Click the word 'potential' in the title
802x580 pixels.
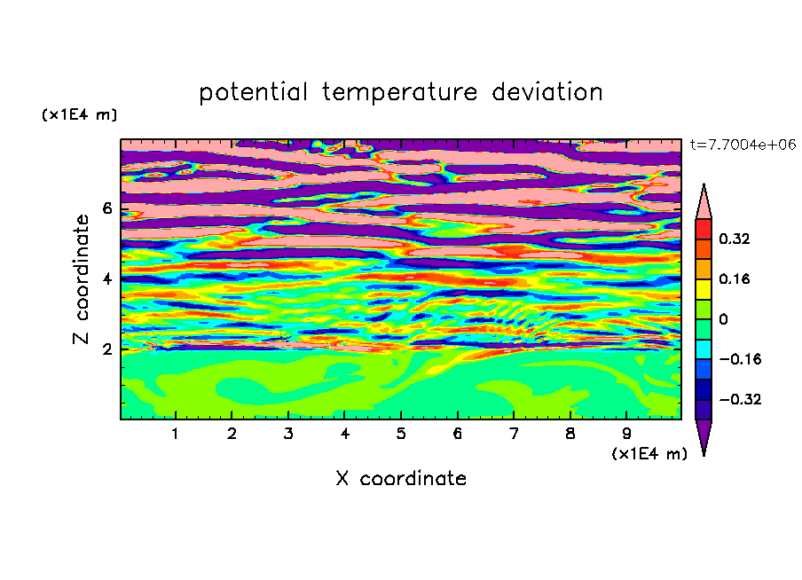tap(253, 92)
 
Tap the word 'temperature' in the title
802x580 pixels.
tap(400, 92)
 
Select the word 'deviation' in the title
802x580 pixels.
tap(547, 92)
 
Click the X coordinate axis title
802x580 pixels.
tap(401, 478)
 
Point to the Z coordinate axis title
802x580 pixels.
tap(81, 279)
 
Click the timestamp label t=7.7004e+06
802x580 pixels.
tap(743, 145)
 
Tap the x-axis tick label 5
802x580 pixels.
tap(401, 434)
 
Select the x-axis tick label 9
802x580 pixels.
tap(626, 434)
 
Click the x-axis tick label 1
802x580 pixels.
tap(175, 434)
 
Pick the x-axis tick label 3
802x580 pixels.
tap(288, 434)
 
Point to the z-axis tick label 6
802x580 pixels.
tap(106, 208)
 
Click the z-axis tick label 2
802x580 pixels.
tap(106, 349)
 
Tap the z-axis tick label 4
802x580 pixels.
tap(106, 279)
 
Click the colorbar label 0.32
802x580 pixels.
tap(735, 239)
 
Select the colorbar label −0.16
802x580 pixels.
tap(740, 359)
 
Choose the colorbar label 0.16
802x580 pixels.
tap(735, 278)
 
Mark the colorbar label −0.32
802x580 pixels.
tap(740, 399)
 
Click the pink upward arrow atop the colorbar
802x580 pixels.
tap(704, 204)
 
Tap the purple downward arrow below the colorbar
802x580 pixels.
tap(704, 435)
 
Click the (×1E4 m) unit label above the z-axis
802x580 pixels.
tap(79, 114)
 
